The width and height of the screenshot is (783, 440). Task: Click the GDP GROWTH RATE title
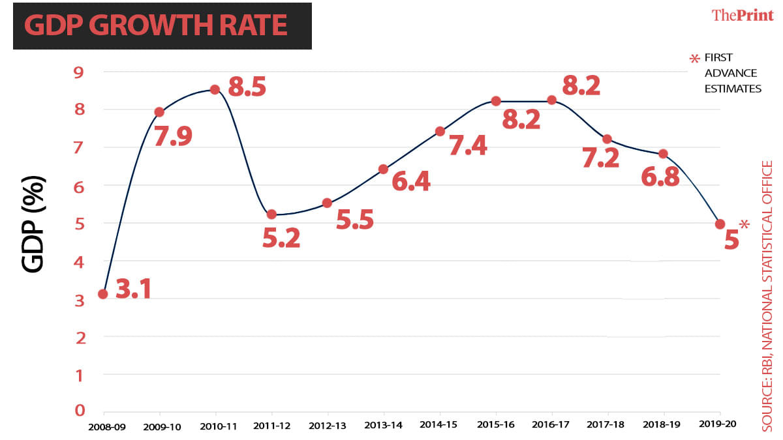(155, 25)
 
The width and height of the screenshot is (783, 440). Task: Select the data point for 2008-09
(103, 294)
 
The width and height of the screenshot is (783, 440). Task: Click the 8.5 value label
(247, 87)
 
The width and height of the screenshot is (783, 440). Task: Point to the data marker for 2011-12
(271, 214)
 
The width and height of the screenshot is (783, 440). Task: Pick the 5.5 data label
(354, 220)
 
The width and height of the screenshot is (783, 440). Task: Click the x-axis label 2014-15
(440, 424)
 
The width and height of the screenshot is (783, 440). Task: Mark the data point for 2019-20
(720, 224)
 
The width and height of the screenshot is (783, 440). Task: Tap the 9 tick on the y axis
(79, 72)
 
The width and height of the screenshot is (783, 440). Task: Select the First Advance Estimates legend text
(732, 73)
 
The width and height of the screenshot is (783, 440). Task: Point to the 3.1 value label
(133, 289)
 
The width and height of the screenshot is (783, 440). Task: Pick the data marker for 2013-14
(383, 169)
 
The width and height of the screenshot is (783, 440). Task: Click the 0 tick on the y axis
(79, 410)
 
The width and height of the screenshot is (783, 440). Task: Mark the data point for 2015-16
(496, 101)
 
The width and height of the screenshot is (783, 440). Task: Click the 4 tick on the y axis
(79, 262)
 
